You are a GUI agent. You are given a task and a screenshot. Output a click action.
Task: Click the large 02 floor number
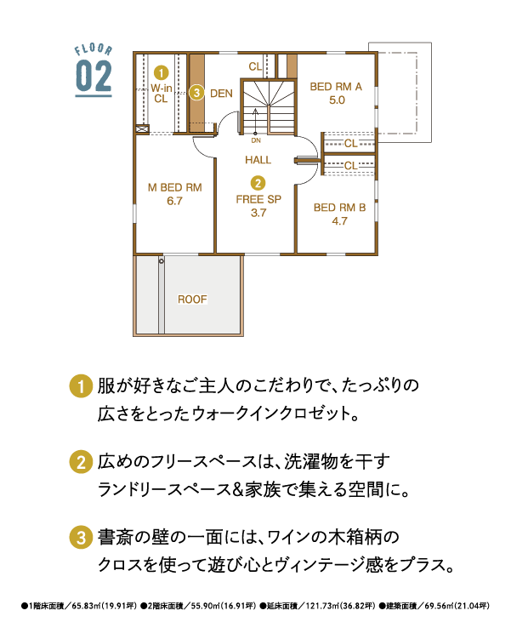(x=94, y=77)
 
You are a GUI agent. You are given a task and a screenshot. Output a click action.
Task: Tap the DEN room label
(x=221, y=94)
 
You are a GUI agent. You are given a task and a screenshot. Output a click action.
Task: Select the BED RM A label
(x=336, y=87)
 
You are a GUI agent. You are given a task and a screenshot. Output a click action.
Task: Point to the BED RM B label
(x=339, y=208)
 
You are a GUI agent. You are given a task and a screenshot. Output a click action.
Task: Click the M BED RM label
(x=174, y=187)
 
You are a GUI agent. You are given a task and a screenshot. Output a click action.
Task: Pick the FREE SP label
(x=258, y=199)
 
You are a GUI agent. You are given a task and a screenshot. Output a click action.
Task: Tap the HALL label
(x=258, y=160)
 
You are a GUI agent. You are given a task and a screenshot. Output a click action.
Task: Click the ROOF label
(x=193, y=300)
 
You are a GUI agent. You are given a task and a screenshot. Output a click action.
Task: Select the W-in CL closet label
(x=162, y=94)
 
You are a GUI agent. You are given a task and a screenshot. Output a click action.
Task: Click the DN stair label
(x=256, y=140)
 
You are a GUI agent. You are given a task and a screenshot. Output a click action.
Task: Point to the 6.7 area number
(x=174, y=201)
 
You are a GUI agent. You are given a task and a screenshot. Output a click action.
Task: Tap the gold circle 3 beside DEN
(x=196, y=93)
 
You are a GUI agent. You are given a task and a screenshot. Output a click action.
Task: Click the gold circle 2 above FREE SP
(x=258, y=183)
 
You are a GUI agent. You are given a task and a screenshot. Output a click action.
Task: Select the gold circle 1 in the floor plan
(x=162, y=73)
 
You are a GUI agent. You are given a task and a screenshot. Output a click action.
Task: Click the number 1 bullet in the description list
(x=81, y=386)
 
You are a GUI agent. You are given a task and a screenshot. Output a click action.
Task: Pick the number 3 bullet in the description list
(x=81, y=538)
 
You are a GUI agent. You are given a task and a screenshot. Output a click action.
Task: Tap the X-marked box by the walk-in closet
(x=141, y=128)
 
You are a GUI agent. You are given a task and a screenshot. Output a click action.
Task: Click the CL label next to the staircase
(x=255, y=66)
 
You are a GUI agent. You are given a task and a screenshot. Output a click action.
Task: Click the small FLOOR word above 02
(x=94, y=49)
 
